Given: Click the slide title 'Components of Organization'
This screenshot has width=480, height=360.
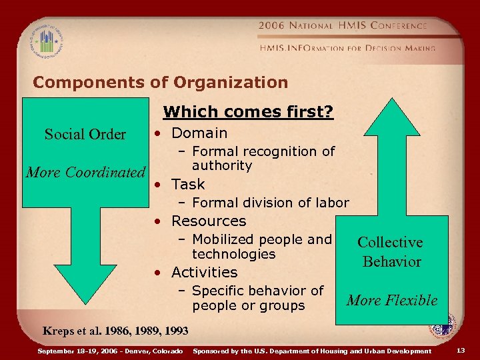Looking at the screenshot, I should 160,83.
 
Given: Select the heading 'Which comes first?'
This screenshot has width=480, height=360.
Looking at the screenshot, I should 248,113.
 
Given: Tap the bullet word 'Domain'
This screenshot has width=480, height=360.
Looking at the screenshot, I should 199,133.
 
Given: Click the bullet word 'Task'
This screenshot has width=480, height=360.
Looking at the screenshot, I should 188,185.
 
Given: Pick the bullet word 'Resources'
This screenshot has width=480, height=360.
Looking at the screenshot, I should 209,221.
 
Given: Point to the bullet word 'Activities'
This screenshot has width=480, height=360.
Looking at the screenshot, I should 204,272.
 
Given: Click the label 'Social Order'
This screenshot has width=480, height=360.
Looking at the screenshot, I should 85,135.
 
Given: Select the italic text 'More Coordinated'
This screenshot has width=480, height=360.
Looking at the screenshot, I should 85,172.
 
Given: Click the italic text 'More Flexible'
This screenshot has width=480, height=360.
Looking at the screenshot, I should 392,301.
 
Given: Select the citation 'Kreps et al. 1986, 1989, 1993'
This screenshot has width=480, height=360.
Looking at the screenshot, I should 115,331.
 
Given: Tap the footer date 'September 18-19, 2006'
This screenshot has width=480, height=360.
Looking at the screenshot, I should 78,351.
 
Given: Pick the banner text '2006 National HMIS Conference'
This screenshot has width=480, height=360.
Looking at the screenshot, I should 343,25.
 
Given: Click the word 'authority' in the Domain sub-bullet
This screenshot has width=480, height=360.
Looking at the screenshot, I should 221,165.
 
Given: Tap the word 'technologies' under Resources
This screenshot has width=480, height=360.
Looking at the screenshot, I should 233,254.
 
